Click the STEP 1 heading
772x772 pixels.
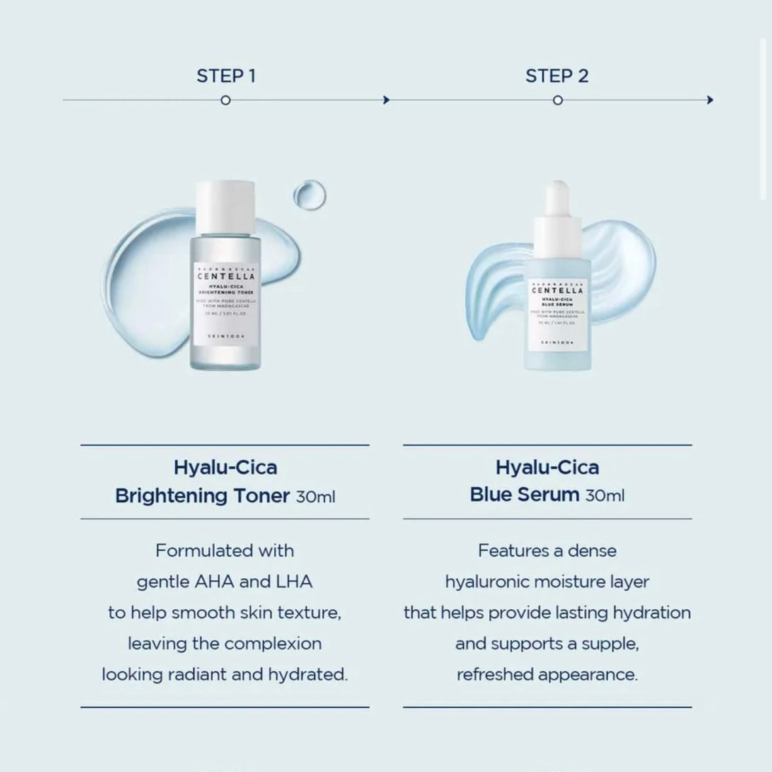226,76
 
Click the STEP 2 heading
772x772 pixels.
557,76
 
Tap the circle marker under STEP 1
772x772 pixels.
225,100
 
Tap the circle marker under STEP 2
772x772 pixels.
557,100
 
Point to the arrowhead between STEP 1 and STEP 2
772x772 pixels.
386,100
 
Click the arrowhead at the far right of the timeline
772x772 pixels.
710,100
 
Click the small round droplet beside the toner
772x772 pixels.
309,195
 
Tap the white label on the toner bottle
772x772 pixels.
225,304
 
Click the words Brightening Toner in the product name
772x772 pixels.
202,496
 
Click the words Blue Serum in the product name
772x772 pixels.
524,494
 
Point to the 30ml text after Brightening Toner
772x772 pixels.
315,497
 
